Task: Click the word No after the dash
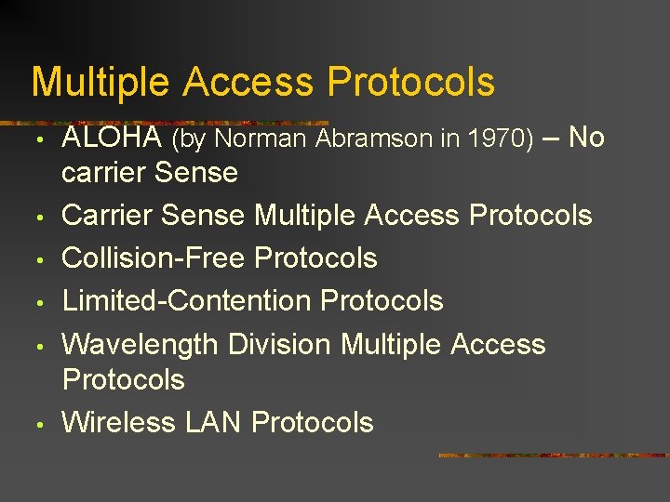tap(586, 138)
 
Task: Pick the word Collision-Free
tap(154, 258)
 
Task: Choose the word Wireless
tap(120, 422)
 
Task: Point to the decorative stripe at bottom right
tap(553, 456)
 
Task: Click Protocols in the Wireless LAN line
tap(313, 422)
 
